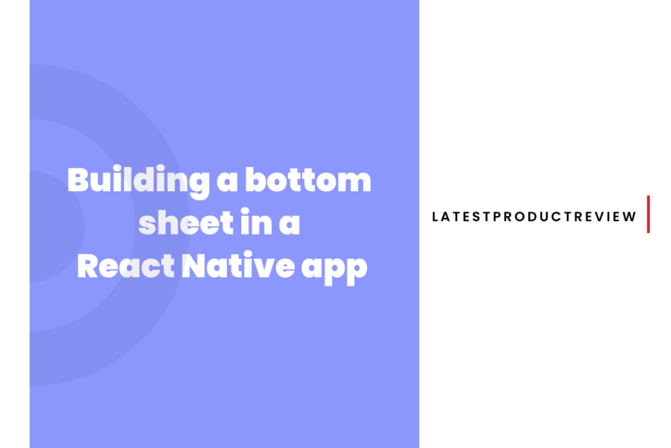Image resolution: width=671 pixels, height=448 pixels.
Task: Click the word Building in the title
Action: [138, 181]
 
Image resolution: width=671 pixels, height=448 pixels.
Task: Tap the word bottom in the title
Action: [308, 180]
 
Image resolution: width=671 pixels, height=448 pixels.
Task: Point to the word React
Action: [126, 266]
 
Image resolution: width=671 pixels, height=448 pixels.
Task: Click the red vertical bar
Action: [648, 214]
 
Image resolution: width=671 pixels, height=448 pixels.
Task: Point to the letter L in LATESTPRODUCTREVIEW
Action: [435, 217]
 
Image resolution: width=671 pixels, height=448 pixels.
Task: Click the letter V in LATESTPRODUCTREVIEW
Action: [599, 217]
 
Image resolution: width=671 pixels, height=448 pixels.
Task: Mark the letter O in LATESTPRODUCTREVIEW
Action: [520, 217]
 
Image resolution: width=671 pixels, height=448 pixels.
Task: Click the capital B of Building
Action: [78, 179]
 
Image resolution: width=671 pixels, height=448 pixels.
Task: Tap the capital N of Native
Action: [194, 266]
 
